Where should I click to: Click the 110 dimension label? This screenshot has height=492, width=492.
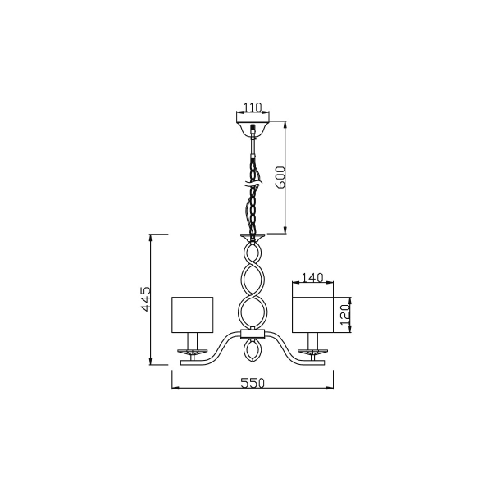click(253, 107)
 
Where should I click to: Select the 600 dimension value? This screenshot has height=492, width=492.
click(280, 177)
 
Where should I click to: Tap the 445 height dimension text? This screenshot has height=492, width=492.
click(146, 298)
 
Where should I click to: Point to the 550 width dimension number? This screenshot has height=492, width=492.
click(253, 383)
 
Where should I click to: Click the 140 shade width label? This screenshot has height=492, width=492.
click(312, 277)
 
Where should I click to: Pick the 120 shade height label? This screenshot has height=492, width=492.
click(345, 314)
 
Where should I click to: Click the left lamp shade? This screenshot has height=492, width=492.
click(193, 315)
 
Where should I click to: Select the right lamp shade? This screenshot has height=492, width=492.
click(313, 315)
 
